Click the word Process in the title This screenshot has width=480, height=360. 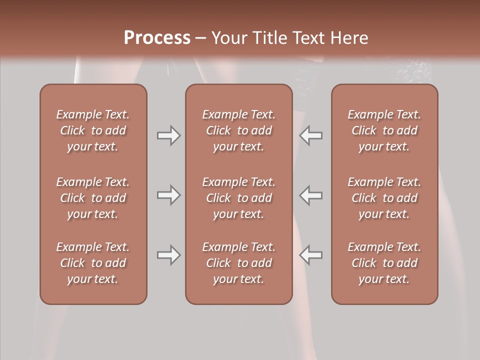[x=157, y=37]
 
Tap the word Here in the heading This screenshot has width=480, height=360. [x=349, y=37]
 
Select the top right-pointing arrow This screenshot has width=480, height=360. [x=168, y=135]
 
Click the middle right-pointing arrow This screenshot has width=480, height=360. [x=168, y=195]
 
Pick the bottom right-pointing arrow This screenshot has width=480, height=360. [x=168, y=255]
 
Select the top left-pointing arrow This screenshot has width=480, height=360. [x=311, y=135]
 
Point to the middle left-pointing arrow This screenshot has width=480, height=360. [x=311, y=195]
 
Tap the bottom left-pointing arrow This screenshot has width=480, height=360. [x=311, y=255]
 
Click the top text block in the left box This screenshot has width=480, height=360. [x=93, y=130]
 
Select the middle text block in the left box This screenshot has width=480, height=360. [x=93, y=198]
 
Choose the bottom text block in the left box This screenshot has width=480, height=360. [x=93, y=263]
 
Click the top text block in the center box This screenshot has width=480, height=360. [x=238, y=130]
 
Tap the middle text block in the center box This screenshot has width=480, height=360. [x=238, y=198]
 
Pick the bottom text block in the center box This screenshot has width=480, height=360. [x=238, y=263]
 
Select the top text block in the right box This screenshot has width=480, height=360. [x=384, y=130]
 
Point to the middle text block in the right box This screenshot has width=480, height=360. [x=384, y=198]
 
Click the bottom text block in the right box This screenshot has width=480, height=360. [x=384, y=263]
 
